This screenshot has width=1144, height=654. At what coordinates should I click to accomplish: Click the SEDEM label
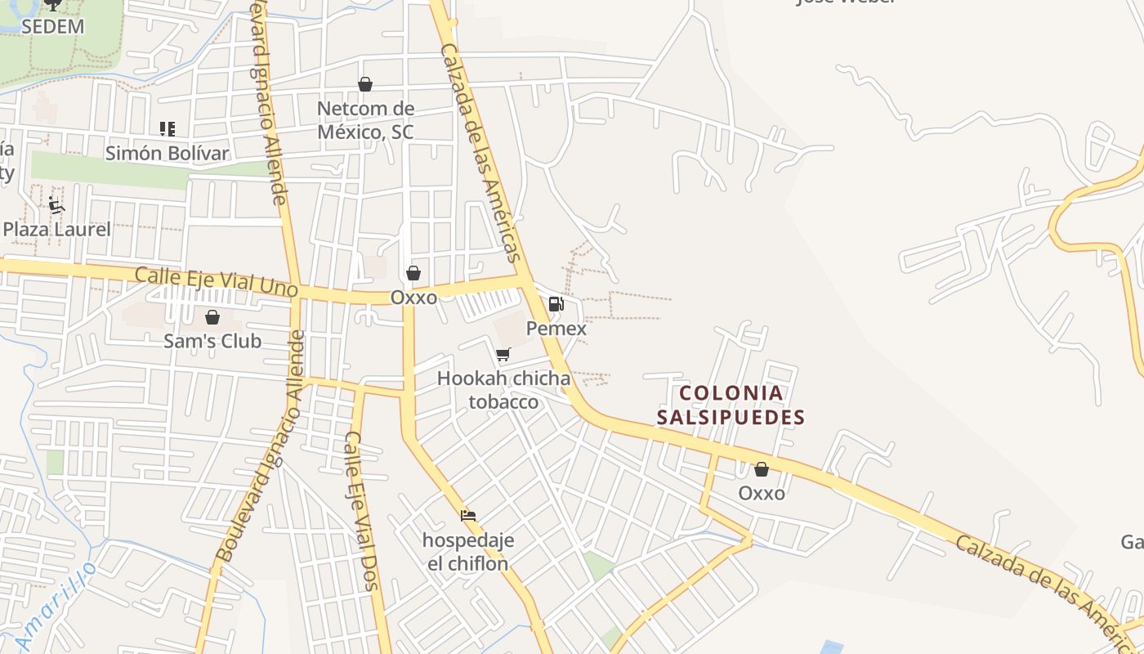(52, 26)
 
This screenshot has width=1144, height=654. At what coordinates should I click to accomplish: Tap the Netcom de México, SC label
(365, 120)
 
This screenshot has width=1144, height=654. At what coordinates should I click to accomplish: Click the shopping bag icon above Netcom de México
(365, 84)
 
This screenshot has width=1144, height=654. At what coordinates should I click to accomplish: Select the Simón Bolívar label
(167, 153)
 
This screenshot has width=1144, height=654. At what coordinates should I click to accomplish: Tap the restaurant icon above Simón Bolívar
(168, 128)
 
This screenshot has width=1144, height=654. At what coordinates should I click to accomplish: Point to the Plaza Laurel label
(56, 229)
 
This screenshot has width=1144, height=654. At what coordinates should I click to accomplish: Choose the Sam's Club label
(212, 341)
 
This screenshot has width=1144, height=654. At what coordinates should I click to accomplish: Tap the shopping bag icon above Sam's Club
(212, 317)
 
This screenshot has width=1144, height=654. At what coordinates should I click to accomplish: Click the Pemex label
(556, 329)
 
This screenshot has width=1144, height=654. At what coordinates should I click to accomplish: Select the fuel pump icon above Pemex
(556, 304)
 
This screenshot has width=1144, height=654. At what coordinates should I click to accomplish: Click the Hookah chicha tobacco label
(503, 390)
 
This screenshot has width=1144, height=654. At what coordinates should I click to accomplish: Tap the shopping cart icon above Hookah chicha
(503, 354)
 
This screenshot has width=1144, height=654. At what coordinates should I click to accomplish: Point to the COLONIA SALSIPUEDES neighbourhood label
(731, 405)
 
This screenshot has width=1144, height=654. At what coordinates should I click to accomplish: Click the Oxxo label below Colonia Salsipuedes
(762, 493)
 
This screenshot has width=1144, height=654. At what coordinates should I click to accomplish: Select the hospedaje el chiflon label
(468, 552)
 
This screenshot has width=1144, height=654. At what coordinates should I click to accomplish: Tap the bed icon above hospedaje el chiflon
(468, 516)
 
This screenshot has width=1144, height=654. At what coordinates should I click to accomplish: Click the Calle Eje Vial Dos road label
(360, 510)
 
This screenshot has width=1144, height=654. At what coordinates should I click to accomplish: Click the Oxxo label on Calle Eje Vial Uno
(413, 298)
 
